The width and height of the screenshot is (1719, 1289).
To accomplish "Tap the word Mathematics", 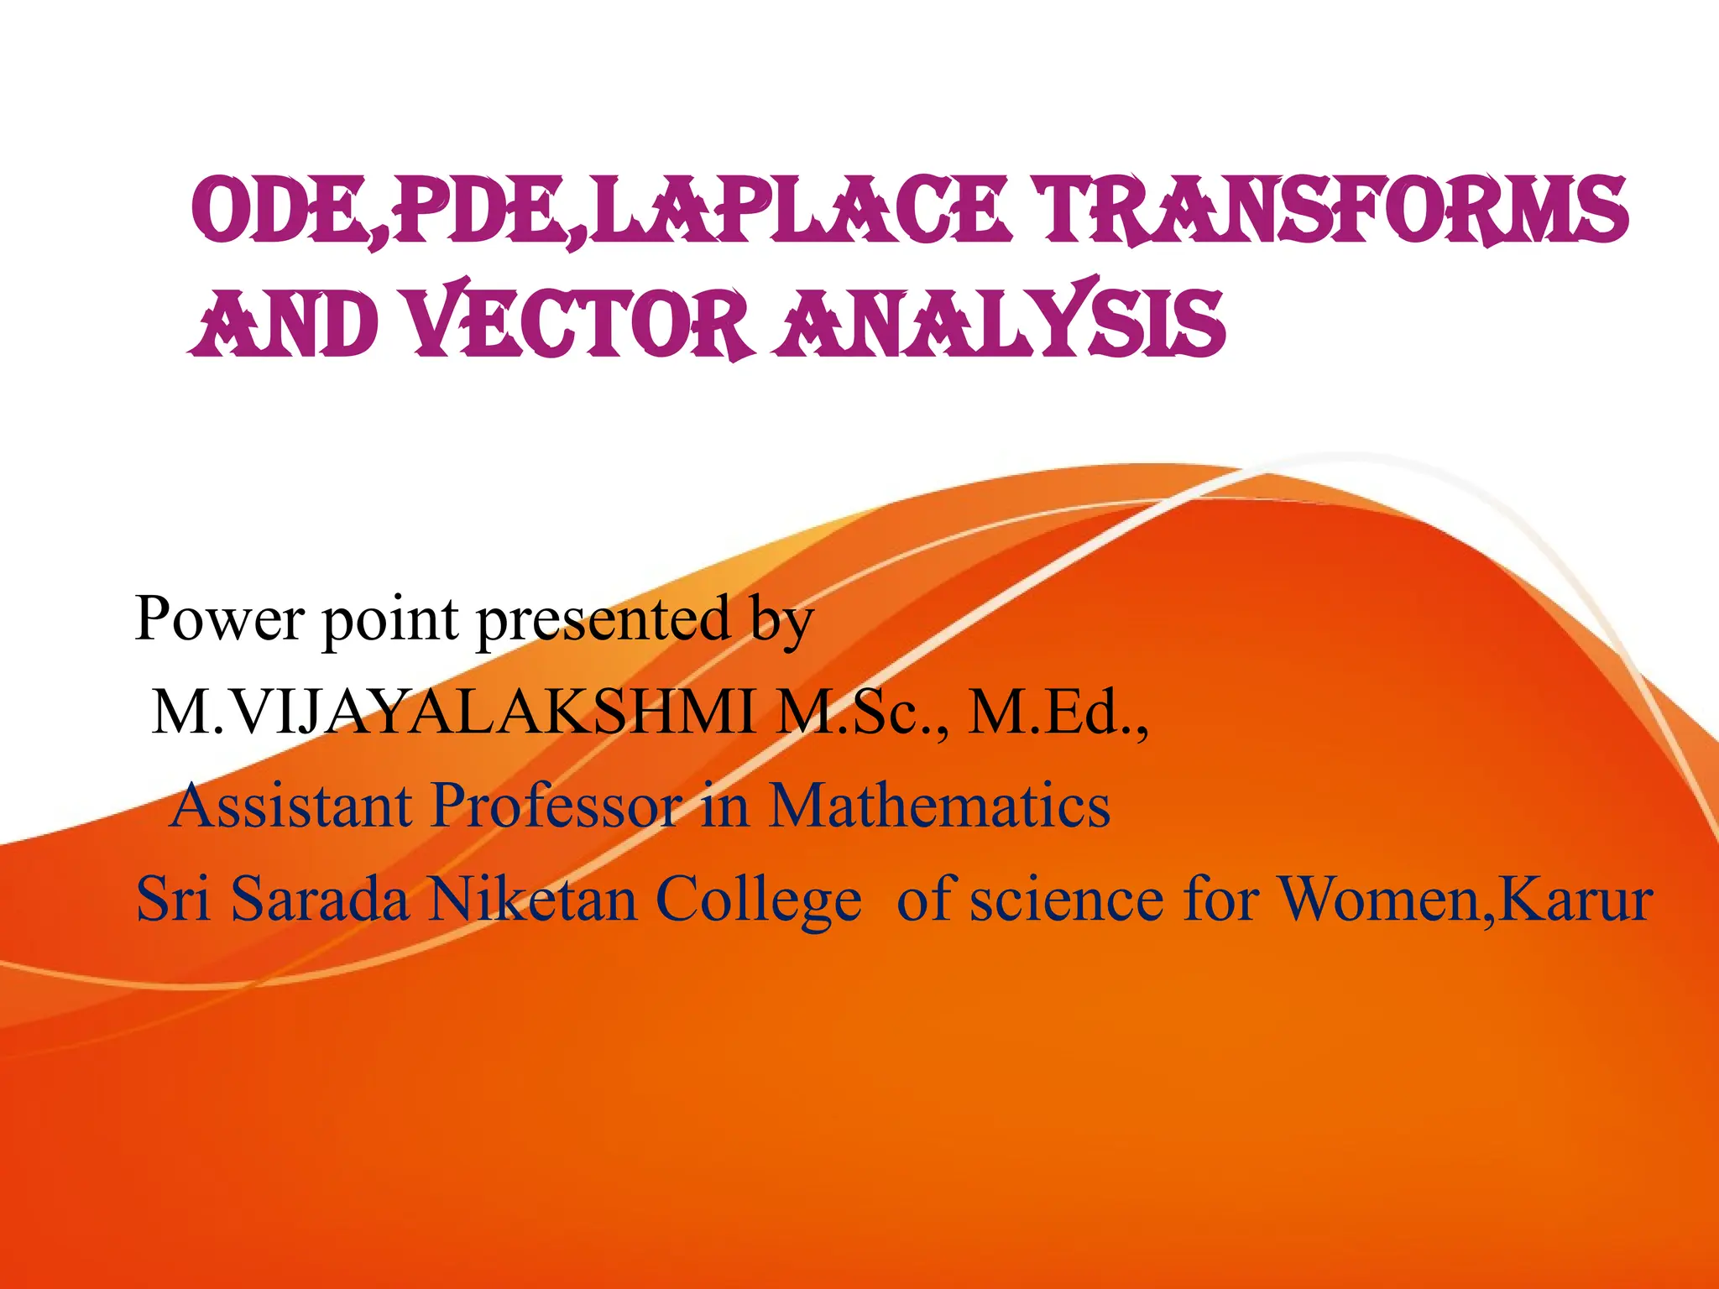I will click(x=939, y=806).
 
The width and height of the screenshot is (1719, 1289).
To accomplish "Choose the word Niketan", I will click(x=532, y=900).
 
